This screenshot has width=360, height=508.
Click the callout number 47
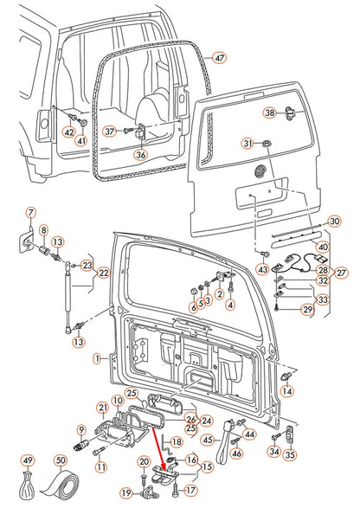[x=219, y=58]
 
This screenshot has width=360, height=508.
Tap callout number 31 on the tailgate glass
[x=247, y=144]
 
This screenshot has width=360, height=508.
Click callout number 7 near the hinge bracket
[x=29, y=213]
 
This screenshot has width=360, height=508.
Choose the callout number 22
[x=103, y=273]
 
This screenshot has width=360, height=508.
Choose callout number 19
[x=125, y=493]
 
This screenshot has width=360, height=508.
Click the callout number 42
[x=68, y=132]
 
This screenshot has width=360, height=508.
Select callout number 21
[x=103, y=408]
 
